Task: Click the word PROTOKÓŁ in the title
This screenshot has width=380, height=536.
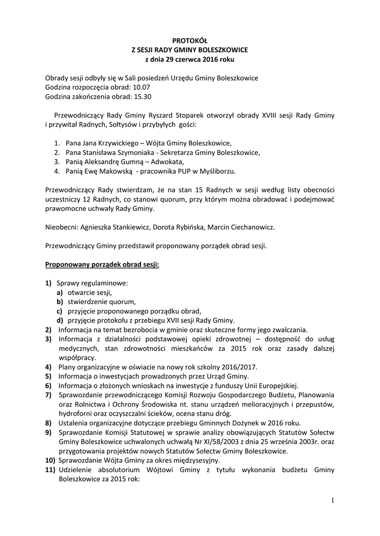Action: [190, 40]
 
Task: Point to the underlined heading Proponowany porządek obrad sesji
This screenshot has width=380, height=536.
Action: [102, 264]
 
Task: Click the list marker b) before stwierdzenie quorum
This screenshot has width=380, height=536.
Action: [60, 301]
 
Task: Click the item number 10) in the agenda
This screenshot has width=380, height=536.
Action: [50, 461]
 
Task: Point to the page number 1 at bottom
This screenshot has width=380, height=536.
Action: [332, 500]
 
